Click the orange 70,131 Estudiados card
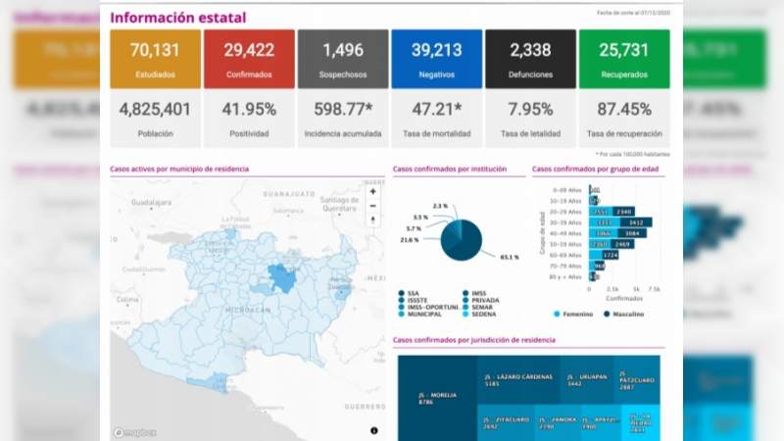155,60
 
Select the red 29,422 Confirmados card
249,60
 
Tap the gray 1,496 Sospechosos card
343,60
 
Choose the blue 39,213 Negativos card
436,60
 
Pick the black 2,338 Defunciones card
530,60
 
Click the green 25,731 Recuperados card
624,60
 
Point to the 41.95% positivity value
249,109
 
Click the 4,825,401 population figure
155,109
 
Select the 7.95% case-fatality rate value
530,109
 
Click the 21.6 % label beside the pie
409,239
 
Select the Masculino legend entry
627,314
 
